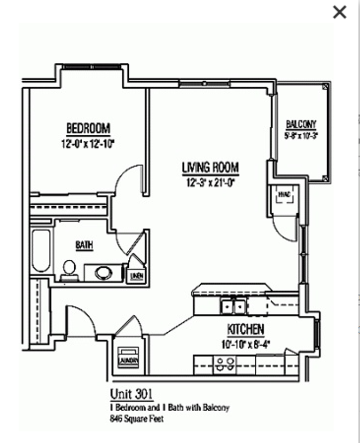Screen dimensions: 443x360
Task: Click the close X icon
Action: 339,12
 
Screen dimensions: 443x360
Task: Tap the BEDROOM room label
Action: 88,128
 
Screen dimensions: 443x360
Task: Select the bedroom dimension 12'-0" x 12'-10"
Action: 88,144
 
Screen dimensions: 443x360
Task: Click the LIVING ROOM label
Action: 210,167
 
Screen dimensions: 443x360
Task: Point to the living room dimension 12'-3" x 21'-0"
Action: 210,182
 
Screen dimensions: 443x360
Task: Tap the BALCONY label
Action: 301,124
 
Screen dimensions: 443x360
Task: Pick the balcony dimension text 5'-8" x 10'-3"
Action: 302,136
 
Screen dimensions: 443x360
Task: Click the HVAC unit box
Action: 284,195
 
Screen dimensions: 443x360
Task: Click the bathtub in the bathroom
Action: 41,251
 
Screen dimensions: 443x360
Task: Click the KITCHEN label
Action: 245,329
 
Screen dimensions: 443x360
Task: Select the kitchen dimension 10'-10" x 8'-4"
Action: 245,344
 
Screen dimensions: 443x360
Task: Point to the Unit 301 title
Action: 131,394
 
